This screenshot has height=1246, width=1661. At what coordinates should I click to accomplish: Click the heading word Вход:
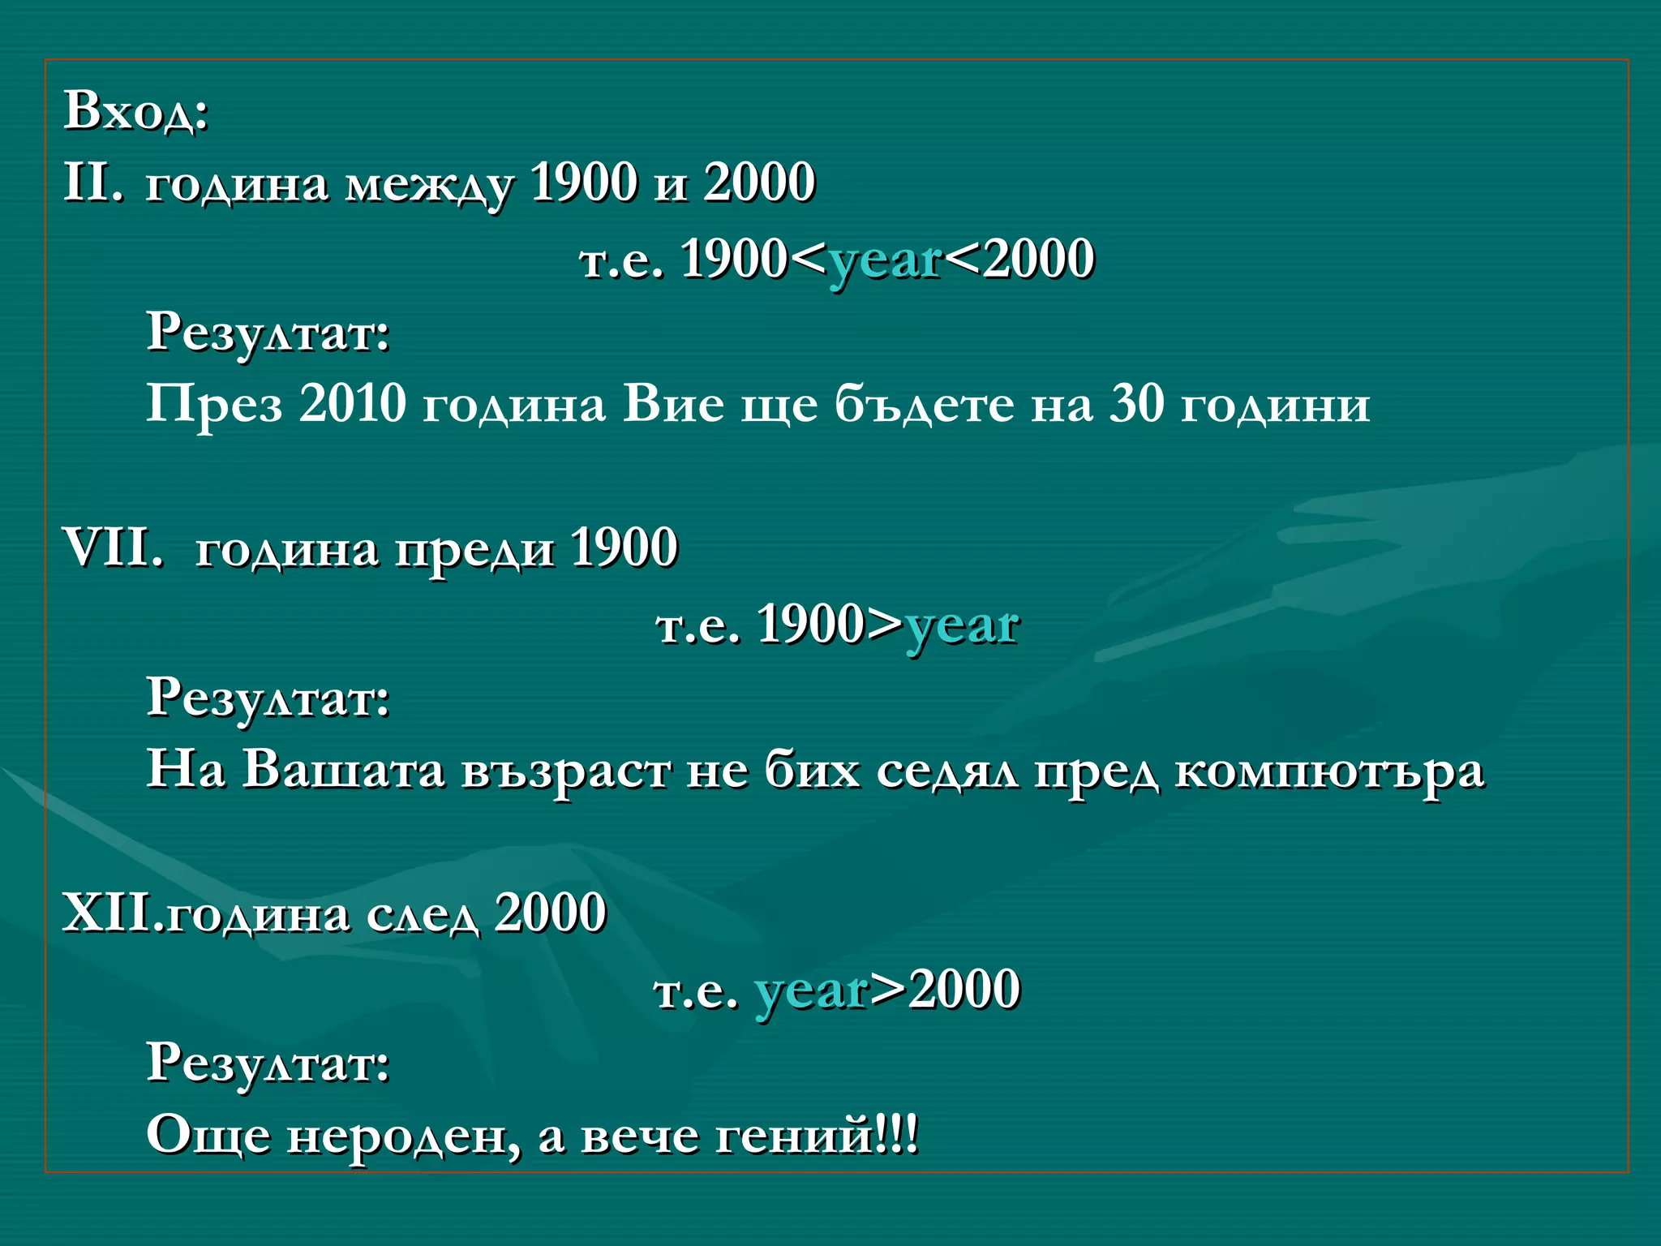coord(136,110)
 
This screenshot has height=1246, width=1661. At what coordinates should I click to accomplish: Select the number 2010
coord(352,403)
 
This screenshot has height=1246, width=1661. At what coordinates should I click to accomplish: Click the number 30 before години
coord(1135,403)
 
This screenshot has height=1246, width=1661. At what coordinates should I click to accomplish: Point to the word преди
coord(474,549)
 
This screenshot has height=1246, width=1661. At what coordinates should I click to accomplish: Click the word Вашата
coord(343,769)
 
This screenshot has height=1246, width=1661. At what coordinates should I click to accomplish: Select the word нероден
coord(403,1136)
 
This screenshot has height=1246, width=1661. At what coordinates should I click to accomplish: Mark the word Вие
coord(673,403)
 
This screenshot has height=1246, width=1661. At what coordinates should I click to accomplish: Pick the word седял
coord(946,770)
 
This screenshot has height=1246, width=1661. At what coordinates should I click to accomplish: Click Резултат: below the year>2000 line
coord(268,1063)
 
